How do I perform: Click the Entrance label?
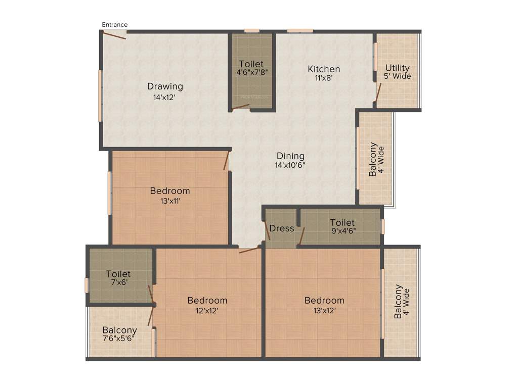click(x=115, y=24)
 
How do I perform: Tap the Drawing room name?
click(x=165, y=86)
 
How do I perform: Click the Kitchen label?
click(x=324, y=69)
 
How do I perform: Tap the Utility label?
click(x=398, y=68)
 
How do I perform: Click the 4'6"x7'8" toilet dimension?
click(x=251, y=72)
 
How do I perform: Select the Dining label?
click(x=290, y=156)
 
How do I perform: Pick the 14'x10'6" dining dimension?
click(x=290, y=165)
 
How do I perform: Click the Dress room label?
click(x=282, y=228)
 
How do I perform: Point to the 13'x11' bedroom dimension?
click(x=169, y=201)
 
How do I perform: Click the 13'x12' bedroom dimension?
click(x=324, y=311)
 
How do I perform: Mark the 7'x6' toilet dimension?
click(x=118, y=283)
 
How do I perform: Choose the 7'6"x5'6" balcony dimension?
click(x=119, y=340)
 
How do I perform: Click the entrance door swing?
click(x=115, y=35)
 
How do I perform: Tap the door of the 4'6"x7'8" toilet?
click(x=241, y=107)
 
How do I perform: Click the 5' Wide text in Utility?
click(x=398, y=76)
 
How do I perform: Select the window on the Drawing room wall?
click(x=100, y=95)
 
